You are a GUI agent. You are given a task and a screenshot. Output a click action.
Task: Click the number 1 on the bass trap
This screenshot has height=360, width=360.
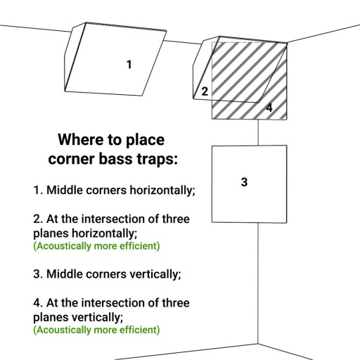click(x=129, y=65)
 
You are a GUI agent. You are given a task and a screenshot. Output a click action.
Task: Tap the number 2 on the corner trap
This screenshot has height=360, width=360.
click(x=205, y=91)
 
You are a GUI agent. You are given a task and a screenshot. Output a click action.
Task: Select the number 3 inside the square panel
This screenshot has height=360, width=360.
click(x=244, y=182)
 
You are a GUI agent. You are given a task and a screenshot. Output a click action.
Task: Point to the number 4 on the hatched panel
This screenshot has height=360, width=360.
click(x=269, y=108)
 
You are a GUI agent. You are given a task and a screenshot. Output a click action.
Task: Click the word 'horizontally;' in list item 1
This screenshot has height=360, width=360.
click(x=162, y=190)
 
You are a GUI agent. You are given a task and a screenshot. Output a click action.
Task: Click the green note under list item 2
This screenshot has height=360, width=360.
click(x=96, y=246)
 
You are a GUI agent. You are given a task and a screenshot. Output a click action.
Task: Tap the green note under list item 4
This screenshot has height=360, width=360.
click(x=96, y=330)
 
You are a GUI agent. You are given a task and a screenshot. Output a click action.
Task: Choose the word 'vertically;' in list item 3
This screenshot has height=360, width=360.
click(x=155, y=274)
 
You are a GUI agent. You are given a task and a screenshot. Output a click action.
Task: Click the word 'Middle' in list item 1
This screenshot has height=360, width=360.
click(x=65, y=190)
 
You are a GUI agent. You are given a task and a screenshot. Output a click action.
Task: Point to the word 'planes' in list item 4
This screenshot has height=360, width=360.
click(x=51, y=318)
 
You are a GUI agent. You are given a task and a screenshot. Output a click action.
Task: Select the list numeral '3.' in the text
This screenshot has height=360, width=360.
click(x=38, y=274)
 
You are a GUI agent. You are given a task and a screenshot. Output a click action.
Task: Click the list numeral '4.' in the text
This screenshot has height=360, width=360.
click(x=38, y=303)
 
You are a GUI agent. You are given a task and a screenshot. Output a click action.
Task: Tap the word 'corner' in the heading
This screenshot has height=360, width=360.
click(x=72, y=159)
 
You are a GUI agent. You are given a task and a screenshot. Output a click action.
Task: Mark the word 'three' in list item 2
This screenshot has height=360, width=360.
click(x=176, y=219)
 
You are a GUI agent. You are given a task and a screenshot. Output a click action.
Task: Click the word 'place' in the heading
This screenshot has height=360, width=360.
click(x=145, y=140)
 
